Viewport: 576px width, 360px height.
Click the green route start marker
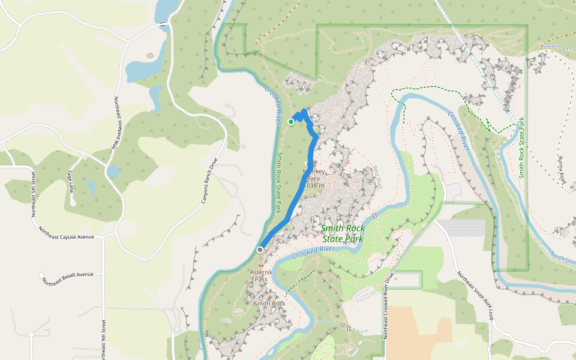click(291, 121)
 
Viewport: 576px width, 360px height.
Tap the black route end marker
click(260, 250)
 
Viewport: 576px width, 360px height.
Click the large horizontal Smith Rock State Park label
click(342, 233)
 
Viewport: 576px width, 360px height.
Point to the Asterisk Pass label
click(261, 275)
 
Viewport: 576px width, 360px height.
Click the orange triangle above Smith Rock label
click(270, 296)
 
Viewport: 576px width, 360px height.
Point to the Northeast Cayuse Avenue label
click(67, 233)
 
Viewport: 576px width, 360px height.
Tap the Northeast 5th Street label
click(33, 193)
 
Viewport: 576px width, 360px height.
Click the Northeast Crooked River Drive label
click(387, 305)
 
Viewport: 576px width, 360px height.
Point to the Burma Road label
click(563, 170)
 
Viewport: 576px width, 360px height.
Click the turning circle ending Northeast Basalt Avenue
click(41, 275)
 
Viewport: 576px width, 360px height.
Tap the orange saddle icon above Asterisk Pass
click(260, 265)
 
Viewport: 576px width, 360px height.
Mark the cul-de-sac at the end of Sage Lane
click(73, 203)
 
